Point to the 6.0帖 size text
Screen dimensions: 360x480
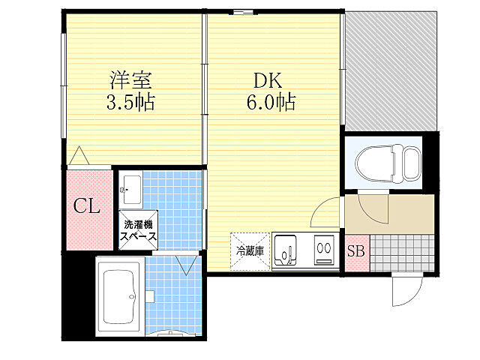coord(268,103)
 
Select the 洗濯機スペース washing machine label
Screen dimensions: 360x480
coord(139,230)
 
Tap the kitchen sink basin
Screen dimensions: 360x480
coord(286,250)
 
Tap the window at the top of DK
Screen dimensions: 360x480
coord(242,11)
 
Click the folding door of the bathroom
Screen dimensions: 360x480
coord(186,264)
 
